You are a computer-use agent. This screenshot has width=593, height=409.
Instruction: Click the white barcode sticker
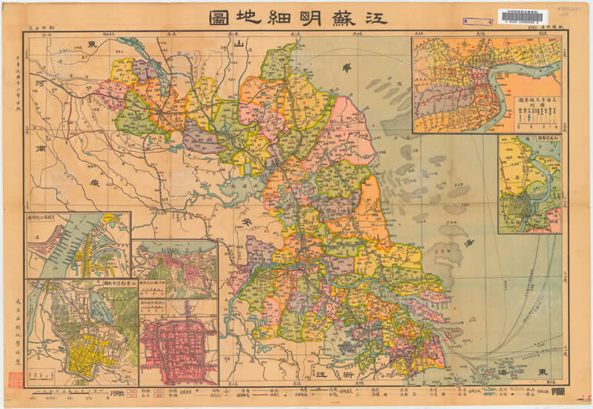pos(527,18)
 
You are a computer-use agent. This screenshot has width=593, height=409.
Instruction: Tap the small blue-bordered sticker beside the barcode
pos(472,22)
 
